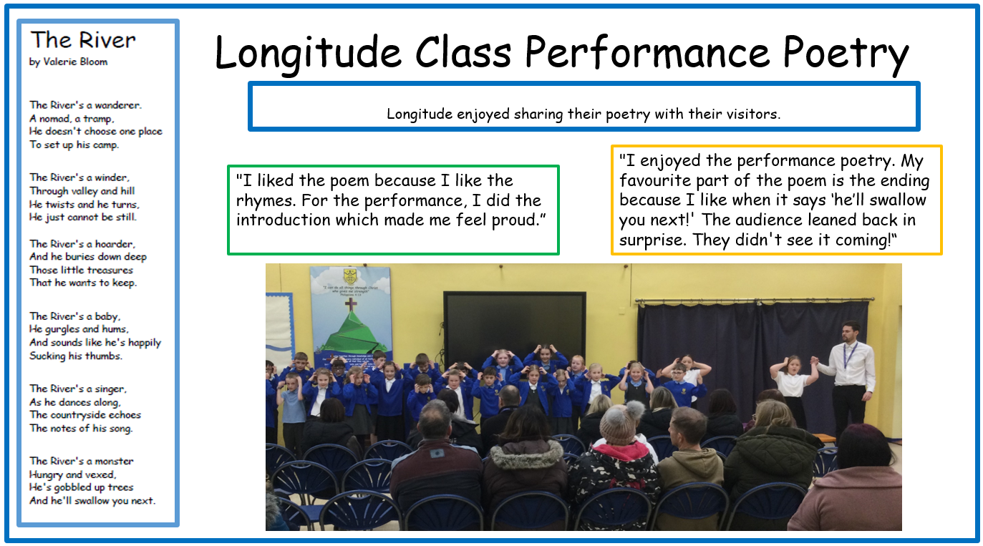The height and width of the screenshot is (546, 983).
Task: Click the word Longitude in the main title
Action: click(308, 53)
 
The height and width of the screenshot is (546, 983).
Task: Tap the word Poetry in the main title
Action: click(846, 54)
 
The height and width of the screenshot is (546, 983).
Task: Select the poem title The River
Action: click(83, 40)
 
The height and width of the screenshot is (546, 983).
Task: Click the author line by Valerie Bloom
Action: click(69, 62)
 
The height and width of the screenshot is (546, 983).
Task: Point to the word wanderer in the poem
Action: click(118, 105)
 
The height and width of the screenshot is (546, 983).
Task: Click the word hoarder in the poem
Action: click(115, 244)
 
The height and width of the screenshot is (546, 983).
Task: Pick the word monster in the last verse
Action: click(114, 461)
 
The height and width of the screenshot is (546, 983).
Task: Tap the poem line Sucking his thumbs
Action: click(75, 356)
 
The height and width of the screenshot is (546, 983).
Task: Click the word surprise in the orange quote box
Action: click(652, 240)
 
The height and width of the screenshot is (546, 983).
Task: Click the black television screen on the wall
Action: click(514, 325)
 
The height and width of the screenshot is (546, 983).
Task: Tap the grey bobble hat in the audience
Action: click(619, 422)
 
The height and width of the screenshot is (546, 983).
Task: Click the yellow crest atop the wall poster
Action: click(350, 276)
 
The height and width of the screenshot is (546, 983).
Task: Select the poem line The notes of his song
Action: click(81, 428)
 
